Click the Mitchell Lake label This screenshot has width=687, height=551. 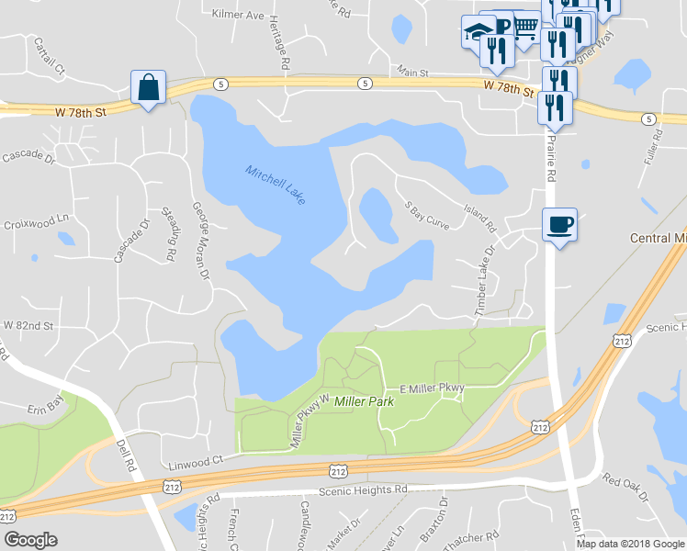click(x=276, y=184)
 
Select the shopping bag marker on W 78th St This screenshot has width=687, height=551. click(x=148, y=88)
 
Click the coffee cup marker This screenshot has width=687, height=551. click(x=559, y=224)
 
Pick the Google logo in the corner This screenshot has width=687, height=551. click(x=30, y=540)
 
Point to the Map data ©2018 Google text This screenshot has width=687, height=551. click(x=630, y=544)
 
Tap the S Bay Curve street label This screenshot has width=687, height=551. click(x=428, y=214)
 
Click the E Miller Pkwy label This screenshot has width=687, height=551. click(x=432, y=388)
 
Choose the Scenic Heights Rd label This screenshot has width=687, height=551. click(x=363, y=490)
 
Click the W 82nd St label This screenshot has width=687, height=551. click(x=28, y=326)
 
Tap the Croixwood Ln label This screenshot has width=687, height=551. click(x=37, y=223)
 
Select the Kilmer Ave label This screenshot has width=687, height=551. click(x=237, y=16)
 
